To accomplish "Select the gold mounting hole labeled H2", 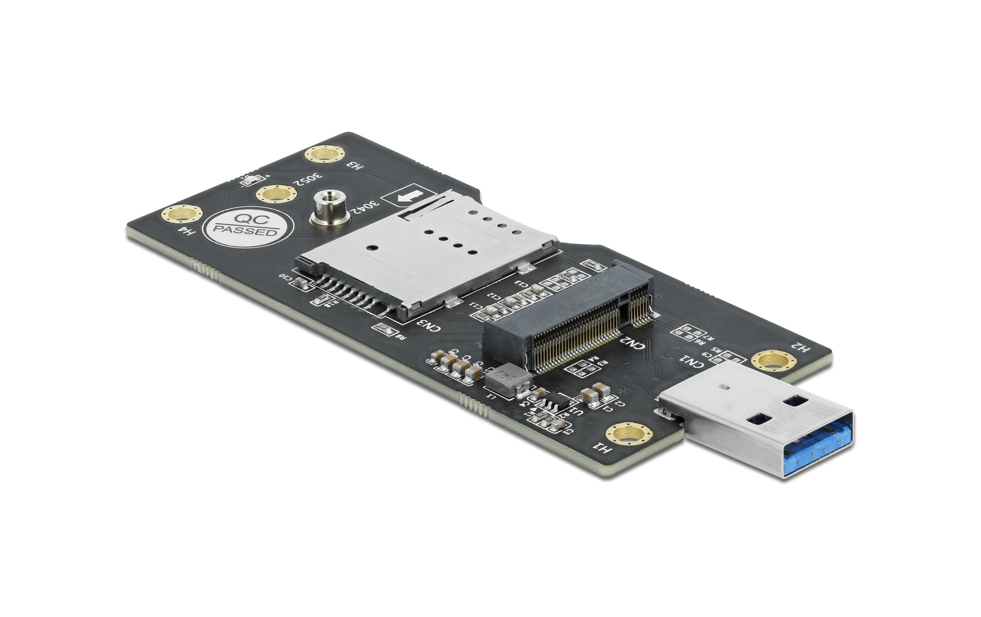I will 773,360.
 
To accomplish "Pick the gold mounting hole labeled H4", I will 182,214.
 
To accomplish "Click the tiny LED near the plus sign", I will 249,179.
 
